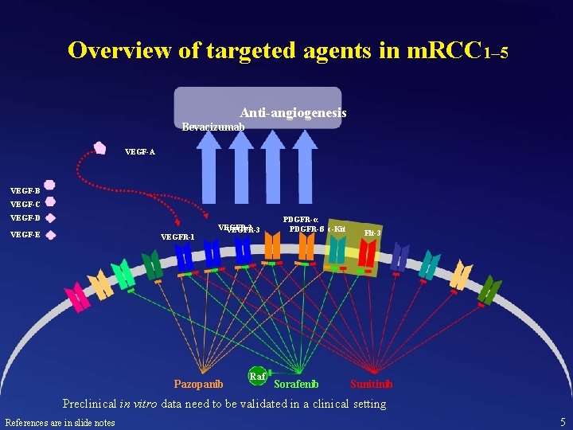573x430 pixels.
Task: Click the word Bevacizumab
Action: [x=212, y=127]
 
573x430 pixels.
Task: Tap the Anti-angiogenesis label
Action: [x=293, y=114]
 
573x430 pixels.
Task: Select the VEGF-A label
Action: [x=140, y=151]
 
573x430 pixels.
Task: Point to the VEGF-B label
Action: [x=25, y=190]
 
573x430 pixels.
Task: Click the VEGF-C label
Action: [x=25, y=204]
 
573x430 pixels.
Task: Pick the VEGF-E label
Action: [x=25, y=234]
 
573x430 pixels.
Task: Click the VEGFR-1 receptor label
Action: [x=177, y=236]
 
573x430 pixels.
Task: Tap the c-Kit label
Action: [x=336, y=229]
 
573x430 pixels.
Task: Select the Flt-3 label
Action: [x=372, y=233]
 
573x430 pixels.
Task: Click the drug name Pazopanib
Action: [x=198, y=384]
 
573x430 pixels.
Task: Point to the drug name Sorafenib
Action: [x=296, y=384]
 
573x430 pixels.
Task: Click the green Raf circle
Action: [x=257, y=376]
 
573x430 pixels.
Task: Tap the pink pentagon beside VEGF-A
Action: [x=100, y=147]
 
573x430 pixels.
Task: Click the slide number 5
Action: [x=563, y=422]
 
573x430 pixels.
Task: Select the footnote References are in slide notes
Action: [x=60, y=422]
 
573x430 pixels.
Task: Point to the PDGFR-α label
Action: [x=301, y=219]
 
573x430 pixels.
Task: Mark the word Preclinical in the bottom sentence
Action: [x=94, y=404]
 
